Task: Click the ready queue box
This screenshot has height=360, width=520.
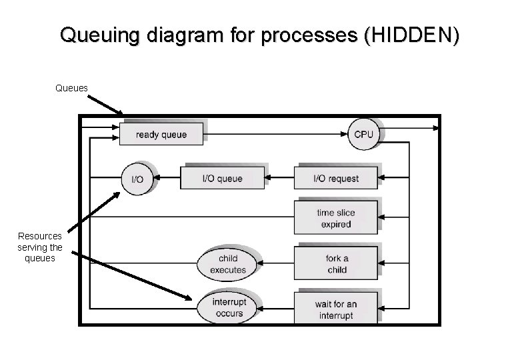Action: coord(161,134)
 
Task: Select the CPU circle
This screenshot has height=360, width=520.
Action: coord(363,134)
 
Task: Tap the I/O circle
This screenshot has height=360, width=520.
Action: coord(137,179)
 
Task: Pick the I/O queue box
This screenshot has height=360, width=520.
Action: coord(222,179)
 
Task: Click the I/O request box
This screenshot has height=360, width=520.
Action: coord(336,179)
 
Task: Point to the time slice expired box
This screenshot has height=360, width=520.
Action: coord(336,219)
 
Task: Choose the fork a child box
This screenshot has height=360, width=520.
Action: coord(337,264)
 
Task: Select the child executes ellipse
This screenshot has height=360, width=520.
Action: coord(227,264)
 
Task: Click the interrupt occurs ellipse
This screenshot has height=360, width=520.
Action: coord(229,308)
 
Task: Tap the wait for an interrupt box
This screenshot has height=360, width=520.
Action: coord(336,309)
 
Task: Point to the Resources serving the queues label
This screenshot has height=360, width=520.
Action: coord(40,247)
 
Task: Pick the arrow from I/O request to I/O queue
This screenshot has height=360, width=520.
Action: coord(279,179)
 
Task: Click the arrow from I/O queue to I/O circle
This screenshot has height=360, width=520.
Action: coord(166,179)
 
